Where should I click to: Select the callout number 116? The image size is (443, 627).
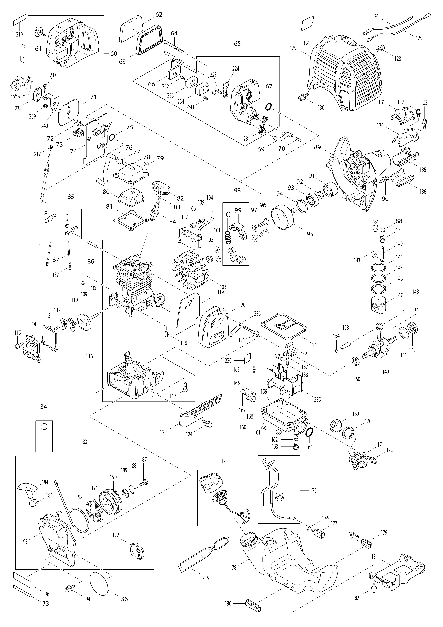89,356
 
